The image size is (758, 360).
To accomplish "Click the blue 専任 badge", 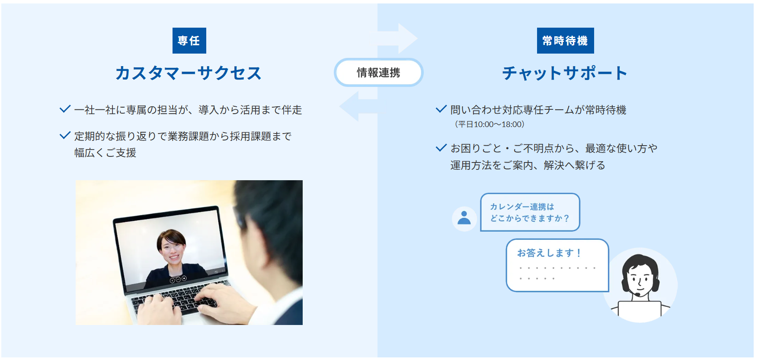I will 189,41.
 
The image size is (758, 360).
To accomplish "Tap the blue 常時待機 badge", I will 565,41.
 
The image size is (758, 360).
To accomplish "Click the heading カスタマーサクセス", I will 189,73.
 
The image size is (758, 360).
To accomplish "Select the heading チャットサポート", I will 565,73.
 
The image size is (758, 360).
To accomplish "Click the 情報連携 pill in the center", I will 378,73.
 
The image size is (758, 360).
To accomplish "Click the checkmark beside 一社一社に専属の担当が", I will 65,109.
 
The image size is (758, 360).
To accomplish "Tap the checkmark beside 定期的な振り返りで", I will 65,136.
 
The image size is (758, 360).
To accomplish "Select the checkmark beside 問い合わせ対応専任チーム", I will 441,109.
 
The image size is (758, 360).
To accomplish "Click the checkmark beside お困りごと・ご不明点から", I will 441,148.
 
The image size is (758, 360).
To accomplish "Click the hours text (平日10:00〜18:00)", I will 489,124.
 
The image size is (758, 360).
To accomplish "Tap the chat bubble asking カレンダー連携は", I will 530,212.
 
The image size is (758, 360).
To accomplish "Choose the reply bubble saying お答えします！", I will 557,265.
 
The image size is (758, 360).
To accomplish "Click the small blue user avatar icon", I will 464,218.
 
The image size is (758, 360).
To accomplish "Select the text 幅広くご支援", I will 105,153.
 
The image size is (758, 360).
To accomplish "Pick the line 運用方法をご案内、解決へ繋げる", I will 528,166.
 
